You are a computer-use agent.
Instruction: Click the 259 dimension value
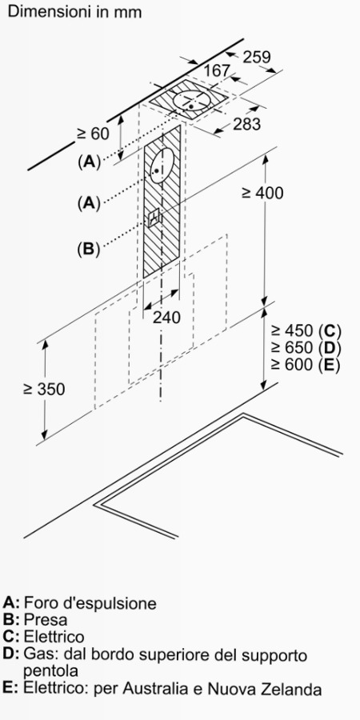[x=257, y=58]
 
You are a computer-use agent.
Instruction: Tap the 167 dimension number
[x=217, y=70]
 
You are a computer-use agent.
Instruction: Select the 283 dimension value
[x=246, y=124]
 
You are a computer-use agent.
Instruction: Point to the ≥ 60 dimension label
[x=93, y=134]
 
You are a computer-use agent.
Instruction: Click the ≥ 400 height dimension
[x=262, y=193]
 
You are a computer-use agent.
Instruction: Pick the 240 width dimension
[x=166, y=318]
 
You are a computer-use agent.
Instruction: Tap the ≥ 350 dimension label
[x=44, y=389]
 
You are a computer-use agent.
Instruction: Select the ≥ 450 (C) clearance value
[x=306, y=330]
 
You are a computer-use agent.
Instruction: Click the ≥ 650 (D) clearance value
[x=306, y=348]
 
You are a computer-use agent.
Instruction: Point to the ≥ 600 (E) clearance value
[x=306, y=365]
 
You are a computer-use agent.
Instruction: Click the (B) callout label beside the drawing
[x=89, y=249]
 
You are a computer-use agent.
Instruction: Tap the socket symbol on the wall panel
[x=154, y=217]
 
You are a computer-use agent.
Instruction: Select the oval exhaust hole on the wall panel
[x=162, y=166]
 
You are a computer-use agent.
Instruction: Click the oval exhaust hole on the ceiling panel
[x=193, y=101]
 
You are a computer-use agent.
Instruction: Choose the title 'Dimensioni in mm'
[x=75, y=12]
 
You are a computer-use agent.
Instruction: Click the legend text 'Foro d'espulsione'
[x=90, y=602]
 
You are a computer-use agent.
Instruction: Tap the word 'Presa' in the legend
[x=46, y=619]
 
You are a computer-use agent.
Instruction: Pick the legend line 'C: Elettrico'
[x=44, y=637]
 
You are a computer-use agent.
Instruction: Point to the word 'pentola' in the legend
[x=50, y=672]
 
